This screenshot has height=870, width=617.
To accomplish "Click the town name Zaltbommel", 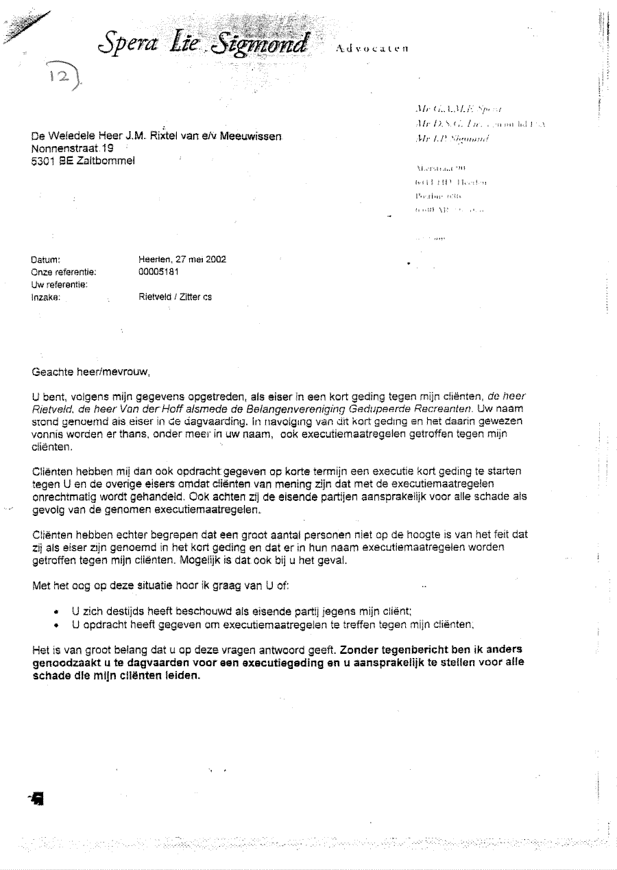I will [106, 160].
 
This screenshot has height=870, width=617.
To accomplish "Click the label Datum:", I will [47, 260].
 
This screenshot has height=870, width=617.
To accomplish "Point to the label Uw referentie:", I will [59, 284].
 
